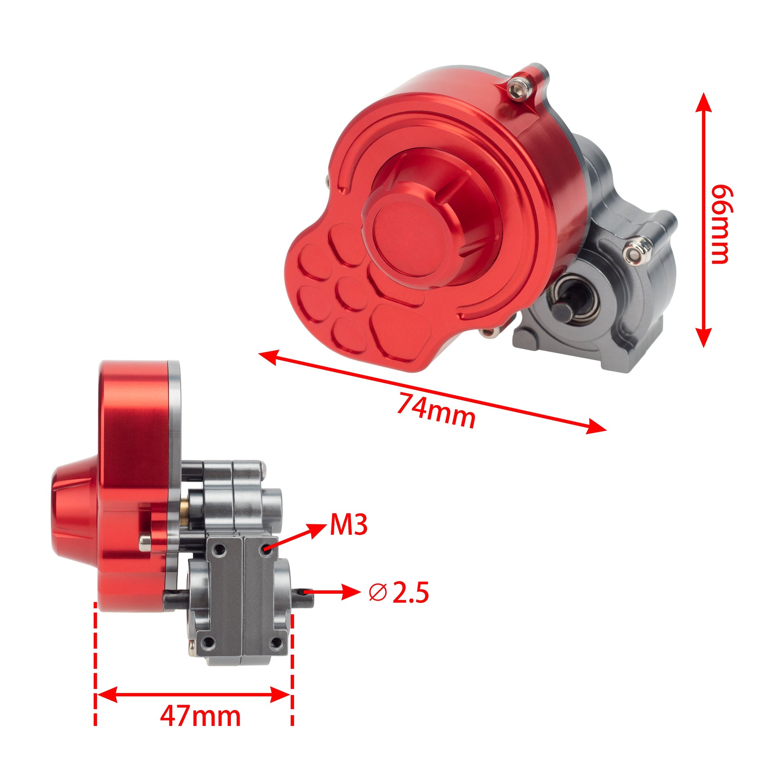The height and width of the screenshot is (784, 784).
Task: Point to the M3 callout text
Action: pyautogui.click(x=348, y=525)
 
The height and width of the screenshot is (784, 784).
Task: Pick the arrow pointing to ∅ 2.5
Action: pyautogui.click(x=333, y=593)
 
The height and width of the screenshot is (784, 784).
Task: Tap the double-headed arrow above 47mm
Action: pyautogui.click(x=193, y=683)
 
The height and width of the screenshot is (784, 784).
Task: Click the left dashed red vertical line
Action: pyautogui.click(x=95, y=666)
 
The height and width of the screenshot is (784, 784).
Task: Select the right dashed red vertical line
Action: pyautogui.click(x=292, y=666)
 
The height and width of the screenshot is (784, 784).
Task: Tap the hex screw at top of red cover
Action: pyautogui.click(x=516, y=90)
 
